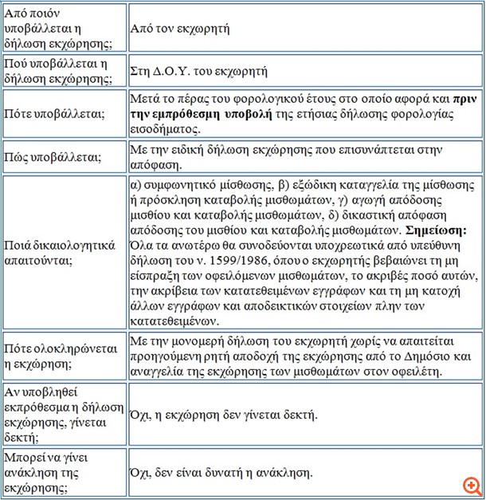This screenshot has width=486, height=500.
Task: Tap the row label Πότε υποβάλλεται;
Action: click(54, 113)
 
